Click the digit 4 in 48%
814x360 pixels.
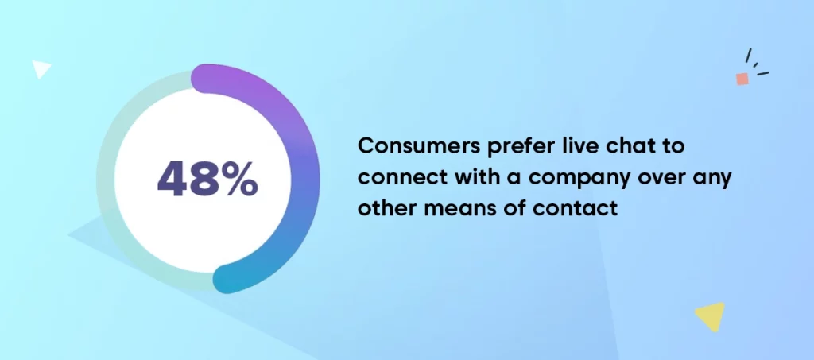(x=172, y=179)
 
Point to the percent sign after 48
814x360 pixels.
(x=238, y=179)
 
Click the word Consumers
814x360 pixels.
(x=419, y=145)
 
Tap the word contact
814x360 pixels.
(x=576, y=208)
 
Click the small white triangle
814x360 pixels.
(x=41, y=68)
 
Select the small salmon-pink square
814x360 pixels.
(x=742, y=79)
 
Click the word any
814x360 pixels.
(x=713, y=180)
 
